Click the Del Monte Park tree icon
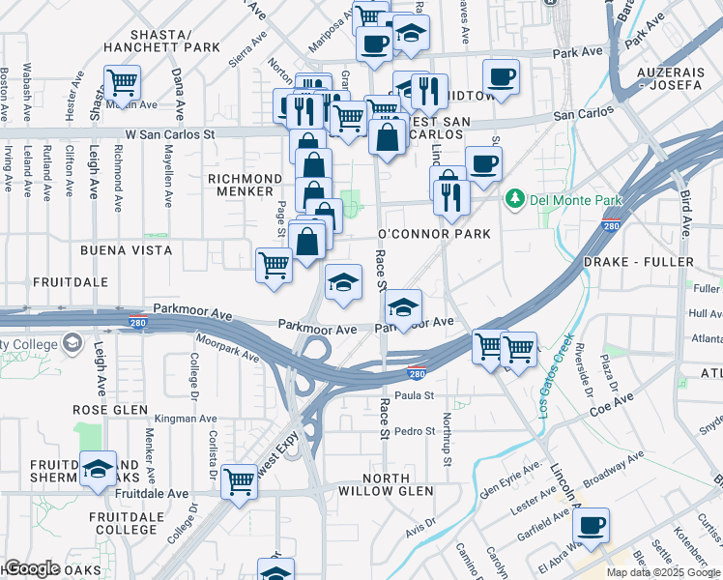(x=514, y=199)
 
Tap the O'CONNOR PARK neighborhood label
(x=434, y=235)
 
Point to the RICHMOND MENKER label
(x=246, y=185)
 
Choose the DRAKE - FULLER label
(x=639, y=263)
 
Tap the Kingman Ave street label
(x=186, y=419)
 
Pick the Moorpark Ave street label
(x=226, y=350)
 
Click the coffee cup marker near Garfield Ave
(x=591, y=526)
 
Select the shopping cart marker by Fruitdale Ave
(x=239, y=481)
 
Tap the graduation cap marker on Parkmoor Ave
(x=403, y=307)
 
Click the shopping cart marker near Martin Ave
(x=123, y=82)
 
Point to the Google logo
(x=31, y=568)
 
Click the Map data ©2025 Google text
(x=662, y=572)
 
